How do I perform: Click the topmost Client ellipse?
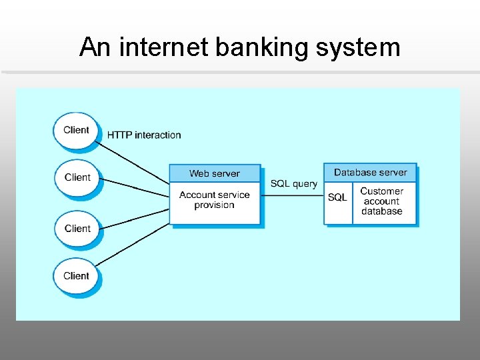[x=76, y=130]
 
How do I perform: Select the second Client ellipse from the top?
[x=77, y=177]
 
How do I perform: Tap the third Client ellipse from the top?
[x=77, y=228]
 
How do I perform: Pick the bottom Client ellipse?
[x=76, y=275]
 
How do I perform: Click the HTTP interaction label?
[x=144, y=135]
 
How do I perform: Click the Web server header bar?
[x=214, y=173]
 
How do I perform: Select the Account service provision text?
[x=214, y=200]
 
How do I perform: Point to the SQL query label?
[x=293, y=184]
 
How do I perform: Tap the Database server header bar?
[x=370, y=173]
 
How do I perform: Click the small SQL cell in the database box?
[x=337, y=198]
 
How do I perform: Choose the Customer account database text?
[x=382, y=201]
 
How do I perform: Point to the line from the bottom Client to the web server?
[x=133, y=243]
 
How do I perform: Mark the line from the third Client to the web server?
[x=133, y=219]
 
